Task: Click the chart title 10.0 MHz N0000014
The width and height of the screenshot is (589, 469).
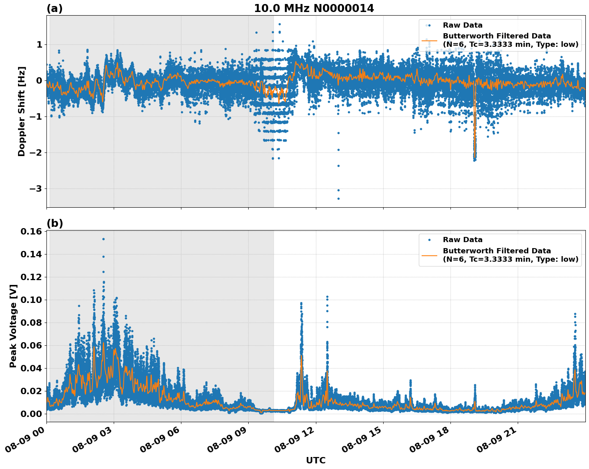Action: pos(314,8)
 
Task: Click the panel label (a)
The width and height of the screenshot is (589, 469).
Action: pos(54,8)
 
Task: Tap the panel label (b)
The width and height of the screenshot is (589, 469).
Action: pos(54,223)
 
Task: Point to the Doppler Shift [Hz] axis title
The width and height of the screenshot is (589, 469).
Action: pos(22,111)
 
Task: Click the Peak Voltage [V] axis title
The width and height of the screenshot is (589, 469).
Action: pos(13,326)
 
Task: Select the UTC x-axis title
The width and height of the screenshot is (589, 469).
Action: pos(316,460)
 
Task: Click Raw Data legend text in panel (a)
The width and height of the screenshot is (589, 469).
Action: pos(462,25)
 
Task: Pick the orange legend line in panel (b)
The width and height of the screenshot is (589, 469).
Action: pos(429,255)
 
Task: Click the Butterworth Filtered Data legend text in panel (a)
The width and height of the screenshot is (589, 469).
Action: pos(497,36)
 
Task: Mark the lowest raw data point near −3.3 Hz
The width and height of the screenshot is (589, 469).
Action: pos(338,198)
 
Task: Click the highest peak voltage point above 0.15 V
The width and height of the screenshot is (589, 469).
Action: pos(103,239)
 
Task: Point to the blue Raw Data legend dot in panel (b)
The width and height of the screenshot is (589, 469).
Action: pos(429,240)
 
